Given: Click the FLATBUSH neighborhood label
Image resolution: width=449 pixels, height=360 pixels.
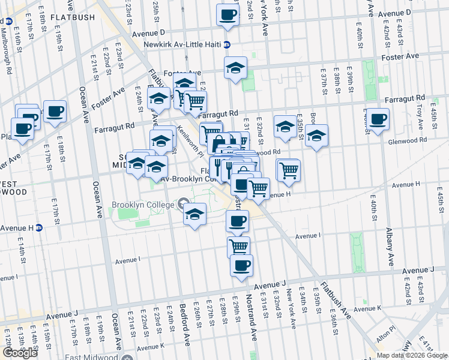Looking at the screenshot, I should point(73,17).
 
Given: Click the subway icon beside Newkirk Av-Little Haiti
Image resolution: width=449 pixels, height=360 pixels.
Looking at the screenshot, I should point(226,44).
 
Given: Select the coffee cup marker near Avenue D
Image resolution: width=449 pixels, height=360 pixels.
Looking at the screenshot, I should point(228,15).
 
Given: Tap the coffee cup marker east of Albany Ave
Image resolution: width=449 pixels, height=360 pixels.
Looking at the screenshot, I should point(378,119).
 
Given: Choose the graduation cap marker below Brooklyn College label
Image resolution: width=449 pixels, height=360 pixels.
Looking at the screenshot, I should point(195,214).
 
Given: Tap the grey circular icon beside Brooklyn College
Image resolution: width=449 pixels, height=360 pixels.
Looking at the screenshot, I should point(184,204).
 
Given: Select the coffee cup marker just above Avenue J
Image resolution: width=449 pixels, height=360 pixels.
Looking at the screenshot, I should point(241,265).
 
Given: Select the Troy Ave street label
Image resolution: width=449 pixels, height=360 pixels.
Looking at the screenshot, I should point(419,113).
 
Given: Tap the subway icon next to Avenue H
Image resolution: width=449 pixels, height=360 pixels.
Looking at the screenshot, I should point(40,227).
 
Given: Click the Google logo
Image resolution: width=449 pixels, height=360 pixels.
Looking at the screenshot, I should point(20,353).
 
